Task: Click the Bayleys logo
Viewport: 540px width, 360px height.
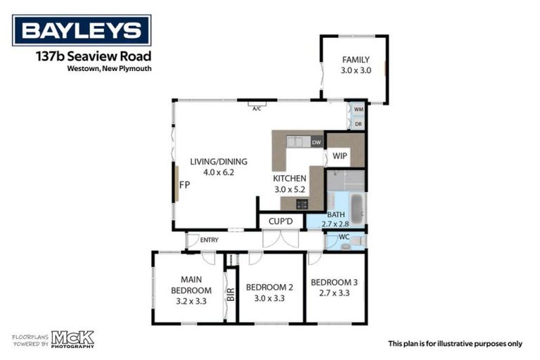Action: (x=82, y=30)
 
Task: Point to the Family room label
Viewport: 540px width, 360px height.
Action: (x=355, y=60)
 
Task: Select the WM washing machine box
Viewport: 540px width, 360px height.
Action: (x=359, y=110)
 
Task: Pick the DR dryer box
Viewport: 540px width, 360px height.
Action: (x=359, y=124)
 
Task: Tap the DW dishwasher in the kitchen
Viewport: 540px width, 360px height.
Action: (x=316, y=143)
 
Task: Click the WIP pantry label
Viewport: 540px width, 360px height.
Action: (x=340, y=155)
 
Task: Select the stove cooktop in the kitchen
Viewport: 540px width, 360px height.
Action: (x=302, y=204)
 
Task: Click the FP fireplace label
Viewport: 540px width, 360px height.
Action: (x=184, y=186)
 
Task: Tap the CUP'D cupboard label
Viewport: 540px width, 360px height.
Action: (x=281, y=221)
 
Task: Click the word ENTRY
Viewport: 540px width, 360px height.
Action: (x=209, y=240)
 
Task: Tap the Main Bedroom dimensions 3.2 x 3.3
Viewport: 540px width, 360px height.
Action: (x=191, y=301)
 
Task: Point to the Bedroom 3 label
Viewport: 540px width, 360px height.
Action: (x=334, y=282)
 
